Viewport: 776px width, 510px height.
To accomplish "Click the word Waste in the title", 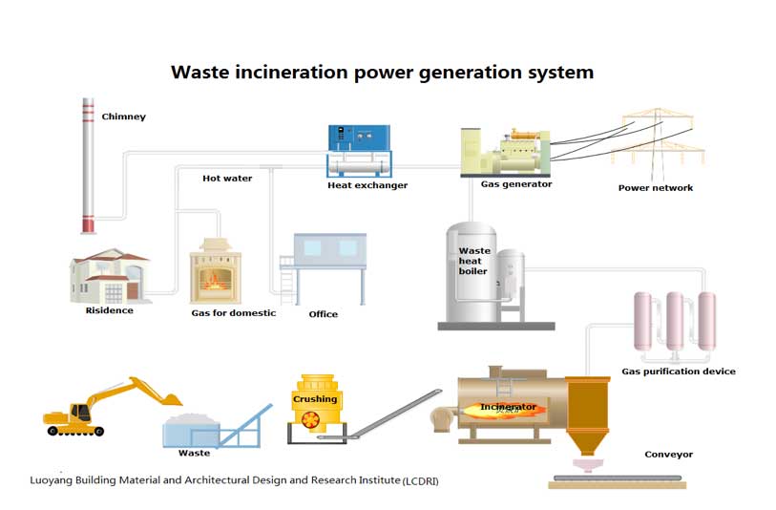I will pyautogui.click(x=200, y=73).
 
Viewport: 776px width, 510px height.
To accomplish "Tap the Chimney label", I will pyautogui.click(x=124, y=117).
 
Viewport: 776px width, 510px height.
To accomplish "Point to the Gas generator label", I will pyautogui.click(x=515, y=184).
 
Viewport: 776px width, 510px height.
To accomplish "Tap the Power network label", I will pyautogui.click(x=656, y=188).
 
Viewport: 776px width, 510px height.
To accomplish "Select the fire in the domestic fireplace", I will pyautogui.click(x=215, y=283).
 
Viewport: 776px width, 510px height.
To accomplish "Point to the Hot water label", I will pyautogui.click(x=227, y=179).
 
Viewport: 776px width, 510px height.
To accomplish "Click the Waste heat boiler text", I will pyautogui.click(x=473, y=261).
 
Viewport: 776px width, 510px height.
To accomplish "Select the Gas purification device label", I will pyautogui.click(x=679, y=372).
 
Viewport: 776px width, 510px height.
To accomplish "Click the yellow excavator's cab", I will pyautogui.click(x=80, y=412).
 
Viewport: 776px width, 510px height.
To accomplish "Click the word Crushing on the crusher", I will pyautogui.click(x=314, y=399).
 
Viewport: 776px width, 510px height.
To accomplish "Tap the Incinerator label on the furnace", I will pyautogui.click(x=507, y=407).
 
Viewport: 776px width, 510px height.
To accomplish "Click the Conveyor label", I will pyautogui.click(x=668, y=455).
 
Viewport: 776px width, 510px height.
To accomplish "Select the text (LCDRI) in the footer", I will pyautogui.click(x=421, y=480).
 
